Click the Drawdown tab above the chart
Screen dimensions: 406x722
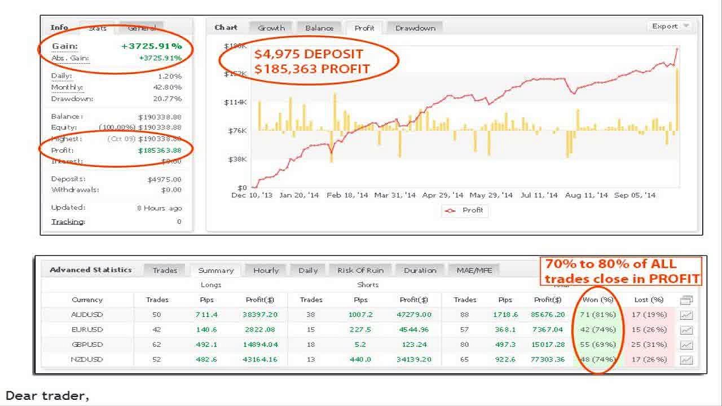click(415, 28)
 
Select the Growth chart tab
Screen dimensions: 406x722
click(271, 28)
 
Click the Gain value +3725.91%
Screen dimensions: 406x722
click(151, 46)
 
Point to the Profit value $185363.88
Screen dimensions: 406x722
click(160, 151)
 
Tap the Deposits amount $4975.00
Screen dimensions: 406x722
click(164, 179)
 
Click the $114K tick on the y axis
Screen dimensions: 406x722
click(235, 102)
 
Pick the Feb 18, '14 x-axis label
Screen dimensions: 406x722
click(347, 195)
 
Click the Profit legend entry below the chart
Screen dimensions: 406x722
click(466, 210)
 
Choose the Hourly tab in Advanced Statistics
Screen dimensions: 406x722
click(266, 270)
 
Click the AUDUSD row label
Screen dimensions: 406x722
click(87, 315)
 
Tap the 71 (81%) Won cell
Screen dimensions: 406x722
click(598, 315)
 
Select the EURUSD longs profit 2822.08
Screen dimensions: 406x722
click(261, 329)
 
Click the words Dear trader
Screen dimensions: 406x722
click(47, 396)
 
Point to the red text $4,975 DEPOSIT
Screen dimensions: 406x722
click(308, 54)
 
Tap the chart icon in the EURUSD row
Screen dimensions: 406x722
click(686, 330)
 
